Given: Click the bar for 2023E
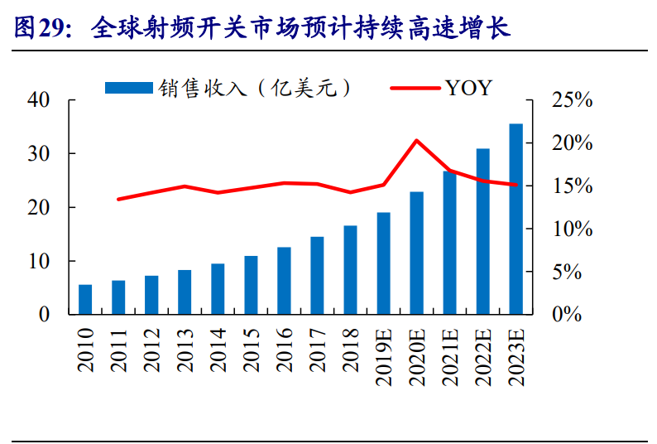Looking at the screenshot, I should click(516, 220).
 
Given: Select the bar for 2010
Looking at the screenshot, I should click(85, 300).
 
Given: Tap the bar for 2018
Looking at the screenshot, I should click(350, 270).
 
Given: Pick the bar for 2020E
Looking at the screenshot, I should click(416, 253).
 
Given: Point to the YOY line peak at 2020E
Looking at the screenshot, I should click(416, 140).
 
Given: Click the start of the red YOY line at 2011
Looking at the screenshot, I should click(118, 200).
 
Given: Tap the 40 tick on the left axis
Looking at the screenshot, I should click(39, 100).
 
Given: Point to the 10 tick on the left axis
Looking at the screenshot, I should click(39, 262).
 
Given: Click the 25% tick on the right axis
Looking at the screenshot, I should click(573, 100).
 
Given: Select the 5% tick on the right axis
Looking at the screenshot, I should click(578, 272).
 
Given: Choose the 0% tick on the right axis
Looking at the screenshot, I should click(578, 315).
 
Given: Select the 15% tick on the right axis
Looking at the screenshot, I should click(573, 186).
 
